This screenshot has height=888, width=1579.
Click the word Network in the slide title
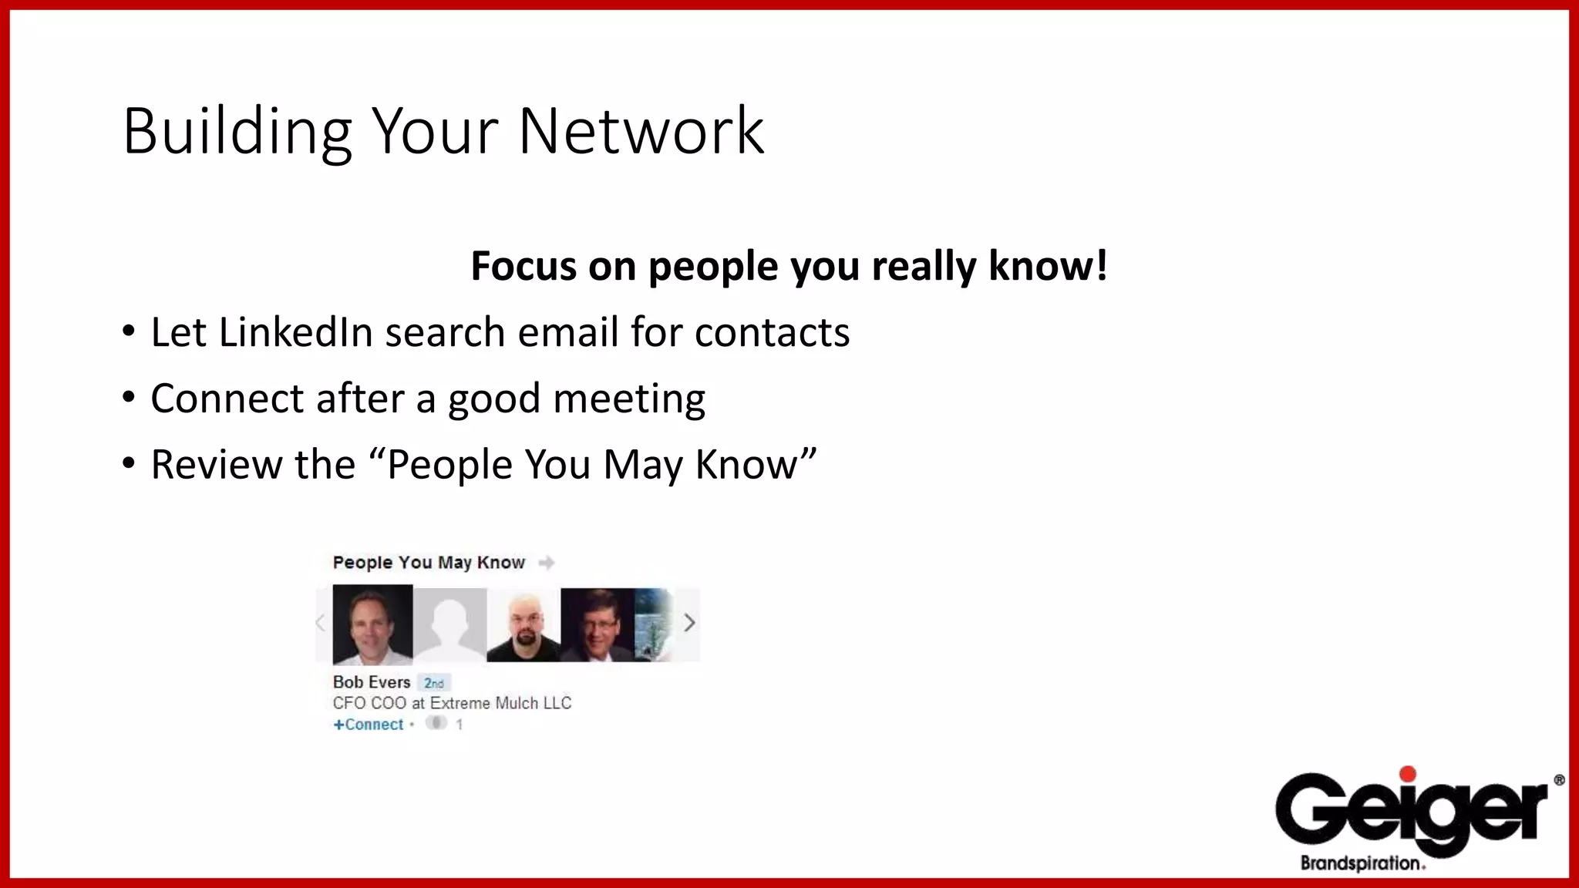click(641, 131)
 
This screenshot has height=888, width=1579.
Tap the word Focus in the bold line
click(524, 267)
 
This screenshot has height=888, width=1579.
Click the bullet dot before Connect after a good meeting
click(129, 398)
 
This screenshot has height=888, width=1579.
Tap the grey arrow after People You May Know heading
click(547, 563)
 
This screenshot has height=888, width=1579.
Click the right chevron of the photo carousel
click(689, 623)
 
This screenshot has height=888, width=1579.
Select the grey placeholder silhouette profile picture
click(449, 624)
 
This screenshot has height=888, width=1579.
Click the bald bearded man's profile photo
click(524, 624)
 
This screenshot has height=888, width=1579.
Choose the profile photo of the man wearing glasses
click(597, 624)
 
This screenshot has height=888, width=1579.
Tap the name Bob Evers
click(372, 682)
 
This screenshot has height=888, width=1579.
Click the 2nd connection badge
click(434, 683)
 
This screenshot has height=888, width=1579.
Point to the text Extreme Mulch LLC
click(500, 703)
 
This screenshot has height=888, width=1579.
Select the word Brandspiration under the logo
click(1361, 863)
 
